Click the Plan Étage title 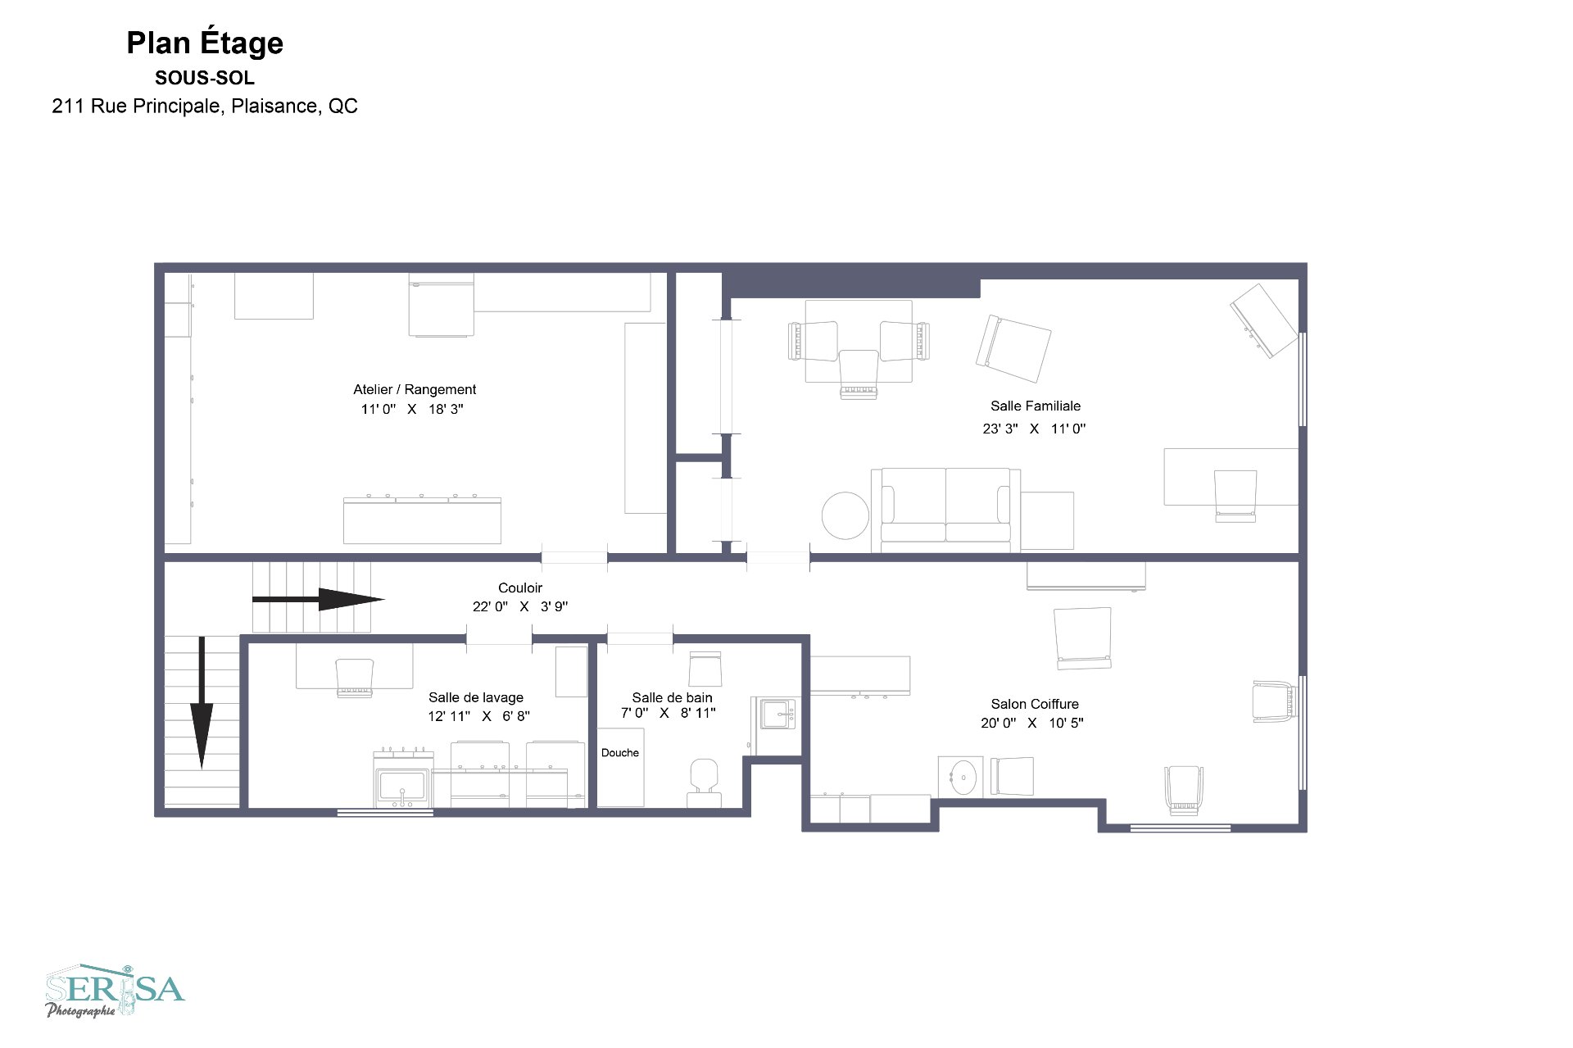[x=205, y=43]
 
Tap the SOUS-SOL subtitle [x=205, y=78]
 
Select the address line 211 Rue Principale [x=205, y=106]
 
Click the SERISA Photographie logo [x=115, y=991]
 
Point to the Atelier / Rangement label [x=415, y=389]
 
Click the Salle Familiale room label [x=1036, y=406]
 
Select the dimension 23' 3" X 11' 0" [x=1034, y=428]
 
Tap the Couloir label [x=520, y=588]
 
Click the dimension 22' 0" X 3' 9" [x=520, y=606]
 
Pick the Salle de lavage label [x=476, y=697]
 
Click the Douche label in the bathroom [x=620, y=752]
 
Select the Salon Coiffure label [x=1035, y=704]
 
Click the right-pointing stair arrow [x=318, y=600]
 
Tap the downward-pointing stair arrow [x=202, y=703]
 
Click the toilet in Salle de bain [x=704, y=783]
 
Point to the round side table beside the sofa [x=845, y=515]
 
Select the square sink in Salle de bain [x=775, y=714]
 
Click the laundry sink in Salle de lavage [x=402, y=784]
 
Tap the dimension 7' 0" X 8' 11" [x=669, y=713]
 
